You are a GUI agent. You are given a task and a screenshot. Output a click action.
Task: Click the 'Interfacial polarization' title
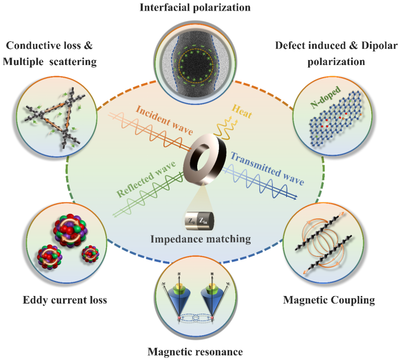click(199, 8)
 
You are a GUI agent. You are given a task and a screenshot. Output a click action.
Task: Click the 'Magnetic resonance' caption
click(199, 351)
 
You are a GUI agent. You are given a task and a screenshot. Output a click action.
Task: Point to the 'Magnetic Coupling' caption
click(328, 301)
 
